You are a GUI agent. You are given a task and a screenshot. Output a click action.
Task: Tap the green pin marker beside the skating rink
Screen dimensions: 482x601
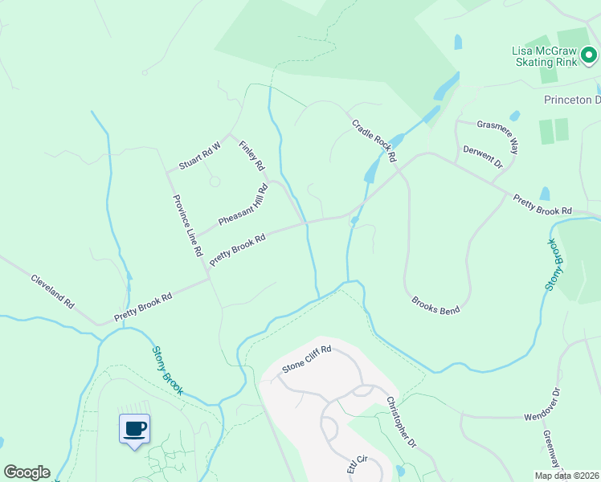click(x=589, y=55)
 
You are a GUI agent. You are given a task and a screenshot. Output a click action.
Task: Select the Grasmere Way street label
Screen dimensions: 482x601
click(x=498, y=134)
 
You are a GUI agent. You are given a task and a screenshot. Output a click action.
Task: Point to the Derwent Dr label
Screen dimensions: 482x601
click(x=482, y=157)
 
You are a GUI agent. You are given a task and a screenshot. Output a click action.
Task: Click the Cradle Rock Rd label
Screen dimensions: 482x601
click(x=374, y=141)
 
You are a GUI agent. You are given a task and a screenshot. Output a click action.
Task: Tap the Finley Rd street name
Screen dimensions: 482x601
click(x=251, y=156)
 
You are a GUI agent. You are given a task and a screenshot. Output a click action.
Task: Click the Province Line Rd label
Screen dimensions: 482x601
click(x=186, y=226)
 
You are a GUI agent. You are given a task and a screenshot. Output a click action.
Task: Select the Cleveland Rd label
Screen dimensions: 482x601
click(x=52, y=292)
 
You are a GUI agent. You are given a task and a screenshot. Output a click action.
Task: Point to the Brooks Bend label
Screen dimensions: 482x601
click(x=435, y=305)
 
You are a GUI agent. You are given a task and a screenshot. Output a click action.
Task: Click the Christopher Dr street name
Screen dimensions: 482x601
click(x=401, y=422)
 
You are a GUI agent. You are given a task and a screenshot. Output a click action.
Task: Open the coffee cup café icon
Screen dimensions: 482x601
click(x=135, y=428)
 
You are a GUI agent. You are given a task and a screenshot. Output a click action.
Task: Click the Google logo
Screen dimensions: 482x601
click(x=27, y=472)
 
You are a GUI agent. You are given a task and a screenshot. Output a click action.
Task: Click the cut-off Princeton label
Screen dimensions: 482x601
click(x=572, y=100)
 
